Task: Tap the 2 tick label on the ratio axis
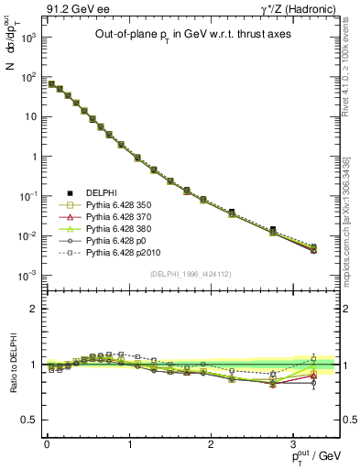click(x=33, y=310)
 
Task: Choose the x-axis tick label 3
click(x=294, y=443)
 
